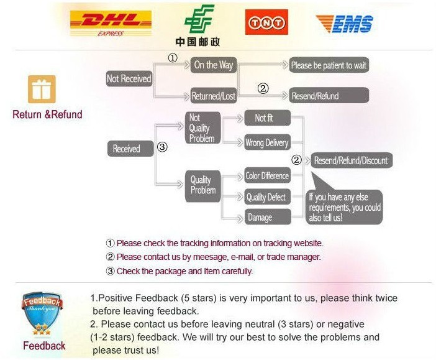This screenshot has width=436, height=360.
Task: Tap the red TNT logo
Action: pos(266,23)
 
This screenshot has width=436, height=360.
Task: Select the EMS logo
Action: pos(345,24)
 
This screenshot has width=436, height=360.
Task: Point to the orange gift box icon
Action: pos(42,89)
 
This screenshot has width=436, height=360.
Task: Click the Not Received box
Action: pos(129,79)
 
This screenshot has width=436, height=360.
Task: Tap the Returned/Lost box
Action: pos(213,96)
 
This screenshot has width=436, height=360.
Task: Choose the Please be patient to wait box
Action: pos(329,65)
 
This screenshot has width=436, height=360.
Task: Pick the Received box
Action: pos(126,149)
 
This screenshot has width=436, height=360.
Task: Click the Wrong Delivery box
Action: pos(266,142)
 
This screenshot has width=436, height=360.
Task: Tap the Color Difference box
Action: pos(267,176)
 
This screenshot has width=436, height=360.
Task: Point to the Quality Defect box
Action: pos(266,197)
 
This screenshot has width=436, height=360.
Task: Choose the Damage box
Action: pos(260,217)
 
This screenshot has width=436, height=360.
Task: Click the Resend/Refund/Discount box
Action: pos(350,160)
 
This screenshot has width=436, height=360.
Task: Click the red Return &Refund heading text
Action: pos(47,114)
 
